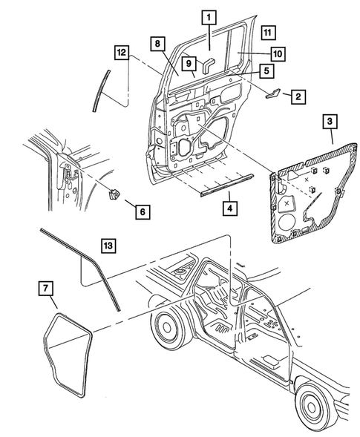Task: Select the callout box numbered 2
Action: coord(296,96)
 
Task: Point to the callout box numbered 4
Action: coord(231,207)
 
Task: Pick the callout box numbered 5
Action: coord(264,71)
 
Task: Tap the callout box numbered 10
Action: coord(277,53)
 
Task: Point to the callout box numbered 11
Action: coord(268,33)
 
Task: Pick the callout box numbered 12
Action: coord(121,53)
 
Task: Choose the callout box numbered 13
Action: coord(108,245)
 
